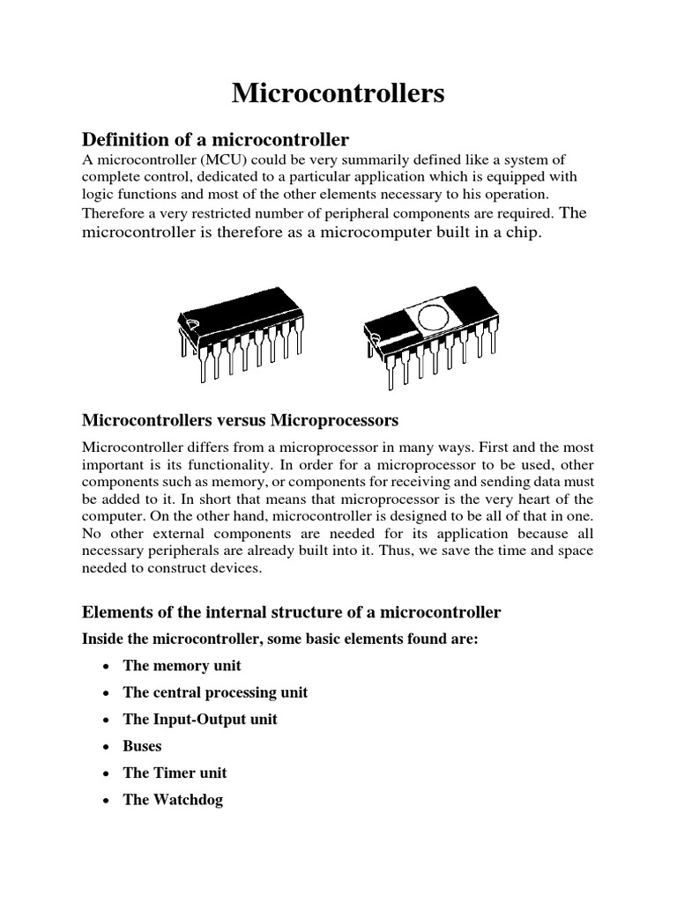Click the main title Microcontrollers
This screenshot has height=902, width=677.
click(338, 94)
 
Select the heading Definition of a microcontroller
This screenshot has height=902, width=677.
click(216, 139)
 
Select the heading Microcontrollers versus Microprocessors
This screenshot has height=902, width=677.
click(241, 417)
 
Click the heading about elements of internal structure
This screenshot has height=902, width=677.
click(291, 612)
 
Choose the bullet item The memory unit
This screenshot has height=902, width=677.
click(182, 665)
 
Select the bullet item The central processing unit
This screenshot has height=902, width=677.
click(215, 692)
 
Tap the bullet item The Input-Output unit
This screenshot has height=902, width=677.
click(200, 719)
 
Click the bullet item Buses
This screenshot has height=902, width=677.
click(143, 746)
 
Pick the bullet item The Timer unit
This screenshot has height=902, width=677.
click(175, 773)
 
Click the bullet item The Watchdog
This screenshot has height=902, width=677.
click(173, 800)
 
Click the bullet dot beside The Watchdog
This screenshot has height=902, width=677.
click(105, 801)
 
